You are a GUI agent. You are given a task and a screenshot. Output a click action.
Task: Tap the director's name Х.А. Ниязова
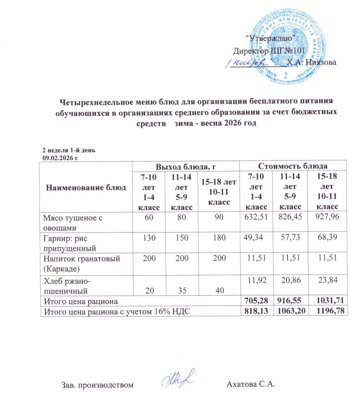tap(311, 62)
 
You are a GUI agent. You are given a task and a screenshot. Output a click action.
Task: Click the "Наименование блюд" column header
tap(86, 187)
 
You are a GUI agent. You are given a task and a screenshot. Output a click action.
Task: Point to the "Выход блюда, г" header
tap(186, 166)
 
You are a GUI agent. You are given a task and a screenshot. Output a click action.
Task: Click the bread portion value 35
tap(181, 290)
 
